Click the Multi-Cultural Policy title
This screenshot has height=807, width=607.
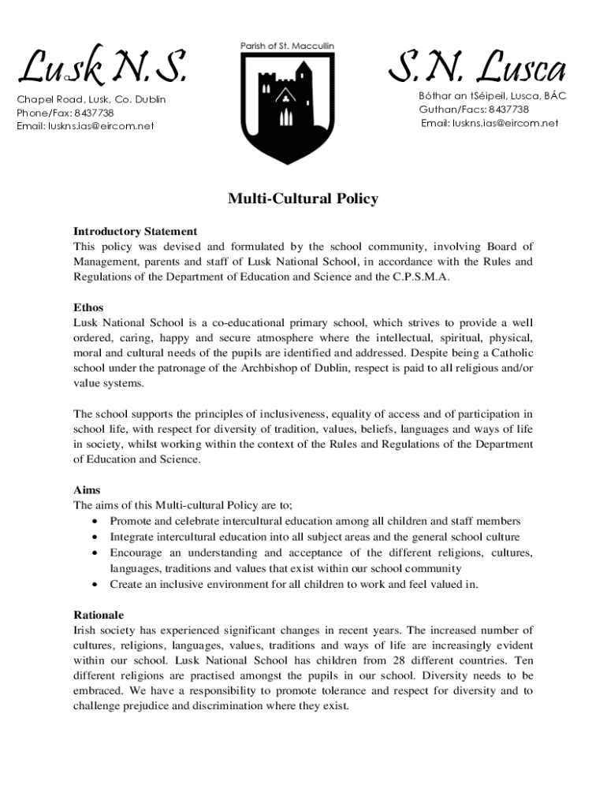[x=303, y=199]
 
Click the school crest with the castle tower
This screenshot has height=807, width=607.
[x=287, y=106]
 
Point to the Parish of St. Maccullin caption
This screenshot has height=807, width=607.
[x=287, y=46]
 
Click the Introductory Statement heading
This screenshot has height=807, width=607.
[x=135, y=232]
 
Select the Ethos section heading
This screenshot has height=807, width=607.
[x=88, y=307]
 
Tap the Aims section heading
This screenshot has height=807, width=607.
[x=87, y=490]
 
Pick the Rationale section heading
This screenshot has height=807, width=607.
[x=99, y=615]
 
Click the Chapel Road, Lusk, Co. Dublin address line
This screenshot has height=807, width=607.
[x=91, y=100]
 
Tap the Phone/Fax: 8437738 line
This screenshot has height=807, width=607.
[x=65, y=113]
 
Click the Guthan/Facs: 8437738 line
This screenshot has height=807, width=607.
[x=474, y=110]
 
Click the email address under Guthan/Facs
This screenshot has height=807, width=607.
[x=490, y=123]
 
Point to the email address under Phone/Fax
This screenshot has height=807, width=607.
[x=85, y=125]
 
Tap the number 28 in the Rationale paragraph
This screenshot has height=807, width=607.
[x=400, y=660]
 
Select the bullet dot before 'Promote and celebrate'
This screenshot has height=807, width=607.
[x=95, y=522]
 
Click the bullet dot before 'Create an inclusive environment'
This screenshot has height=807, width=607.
[x=95, y=585]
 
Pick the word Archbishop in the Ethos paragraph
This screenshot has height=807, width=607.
[x=236, y=368]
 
